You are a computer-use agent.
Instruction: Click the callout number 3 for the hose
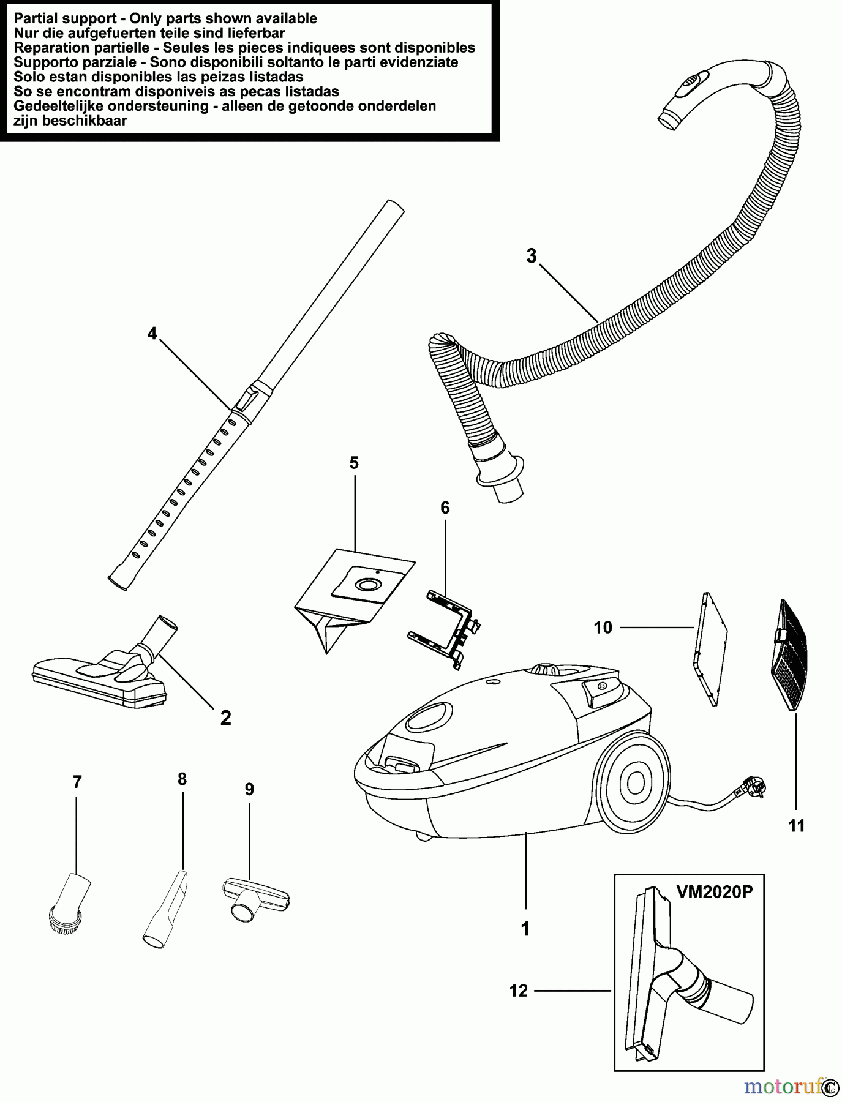tap(531, 256)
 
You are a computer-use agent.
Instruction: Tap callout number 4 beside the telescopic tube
tap(152, 334)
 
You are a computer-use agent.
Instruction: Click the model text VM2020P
tap(714, 892)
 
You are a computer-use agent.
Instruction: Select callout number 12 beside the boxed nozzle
tap(519, 991)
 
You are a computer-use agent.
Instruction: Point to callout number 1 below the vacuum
tap(525, 929)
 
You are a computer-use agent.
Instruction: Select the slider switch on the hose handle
tap(691, 84)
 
